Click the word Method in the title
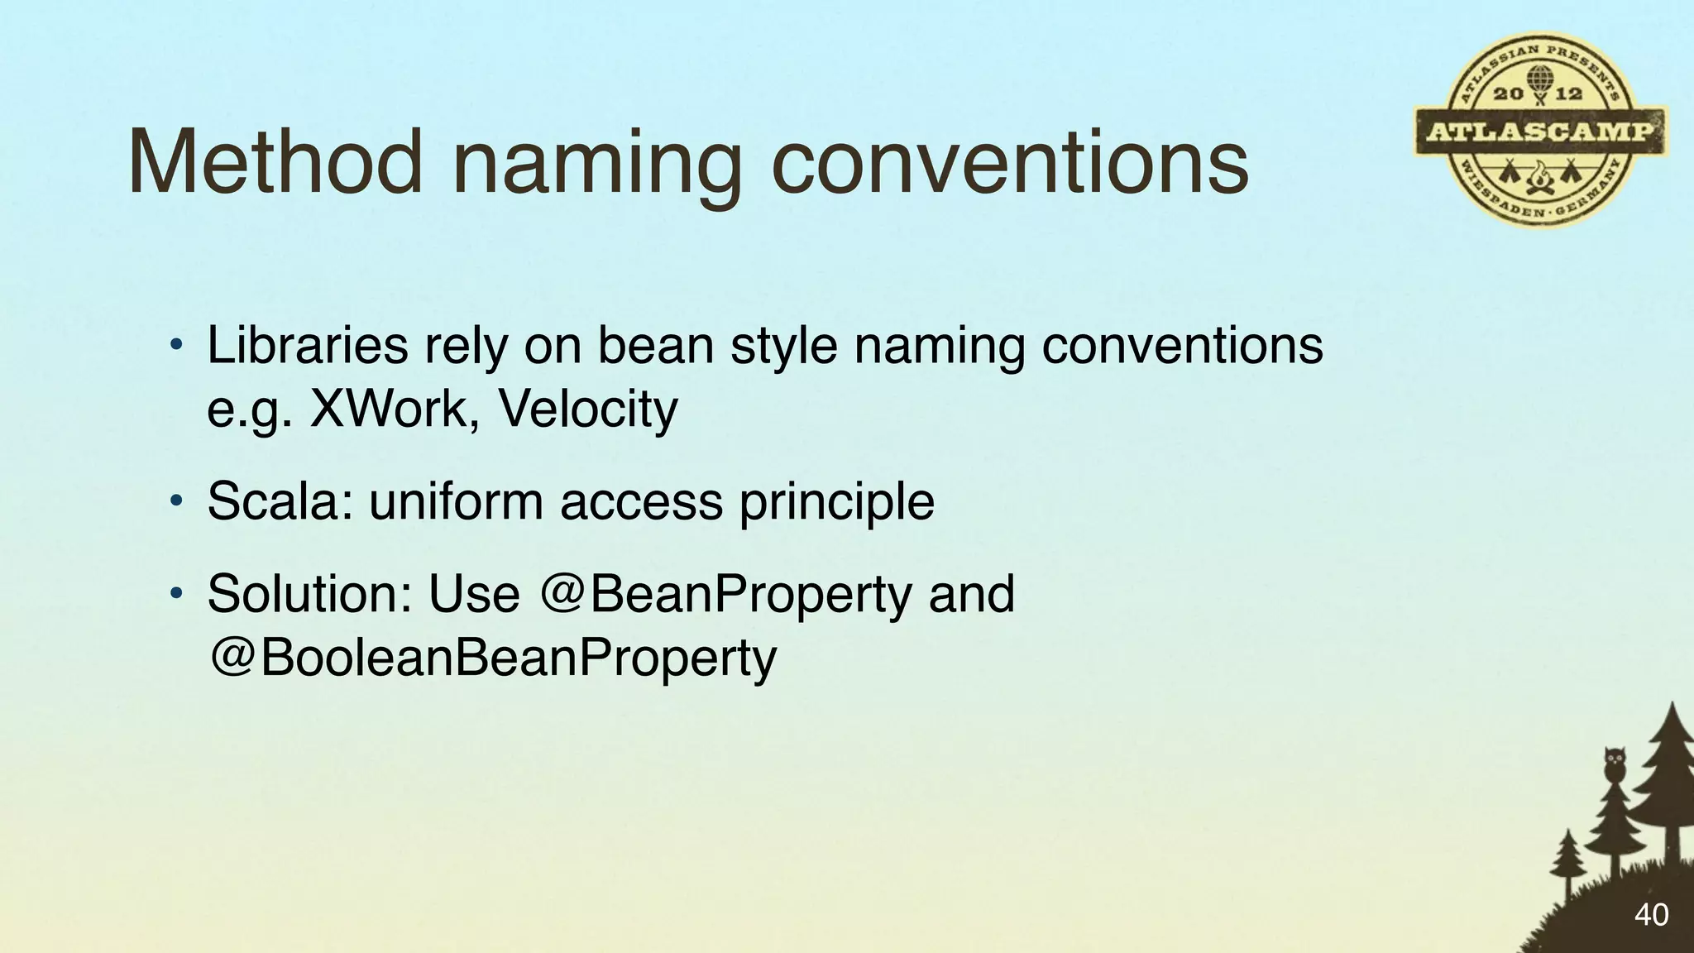275,162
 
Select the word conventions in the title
1009,164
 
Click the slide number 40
1651,915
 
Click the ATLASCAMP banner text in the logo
1539,132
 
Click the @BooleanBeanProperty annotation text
493,658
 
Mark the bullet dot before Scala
175,502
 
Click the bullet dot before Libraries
175,346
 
